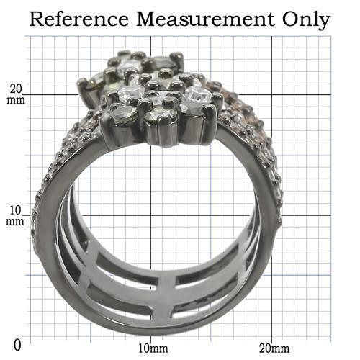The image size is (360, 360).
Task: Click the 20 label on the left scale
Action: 17,89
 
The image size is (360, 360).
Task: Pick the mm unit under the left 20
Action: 17,100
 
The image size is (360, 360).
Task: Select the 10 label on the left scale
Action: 16,211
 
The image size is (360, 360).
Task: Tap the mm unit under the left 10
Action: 16,222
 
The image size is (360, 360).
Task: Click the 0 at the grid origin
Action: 17,344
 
